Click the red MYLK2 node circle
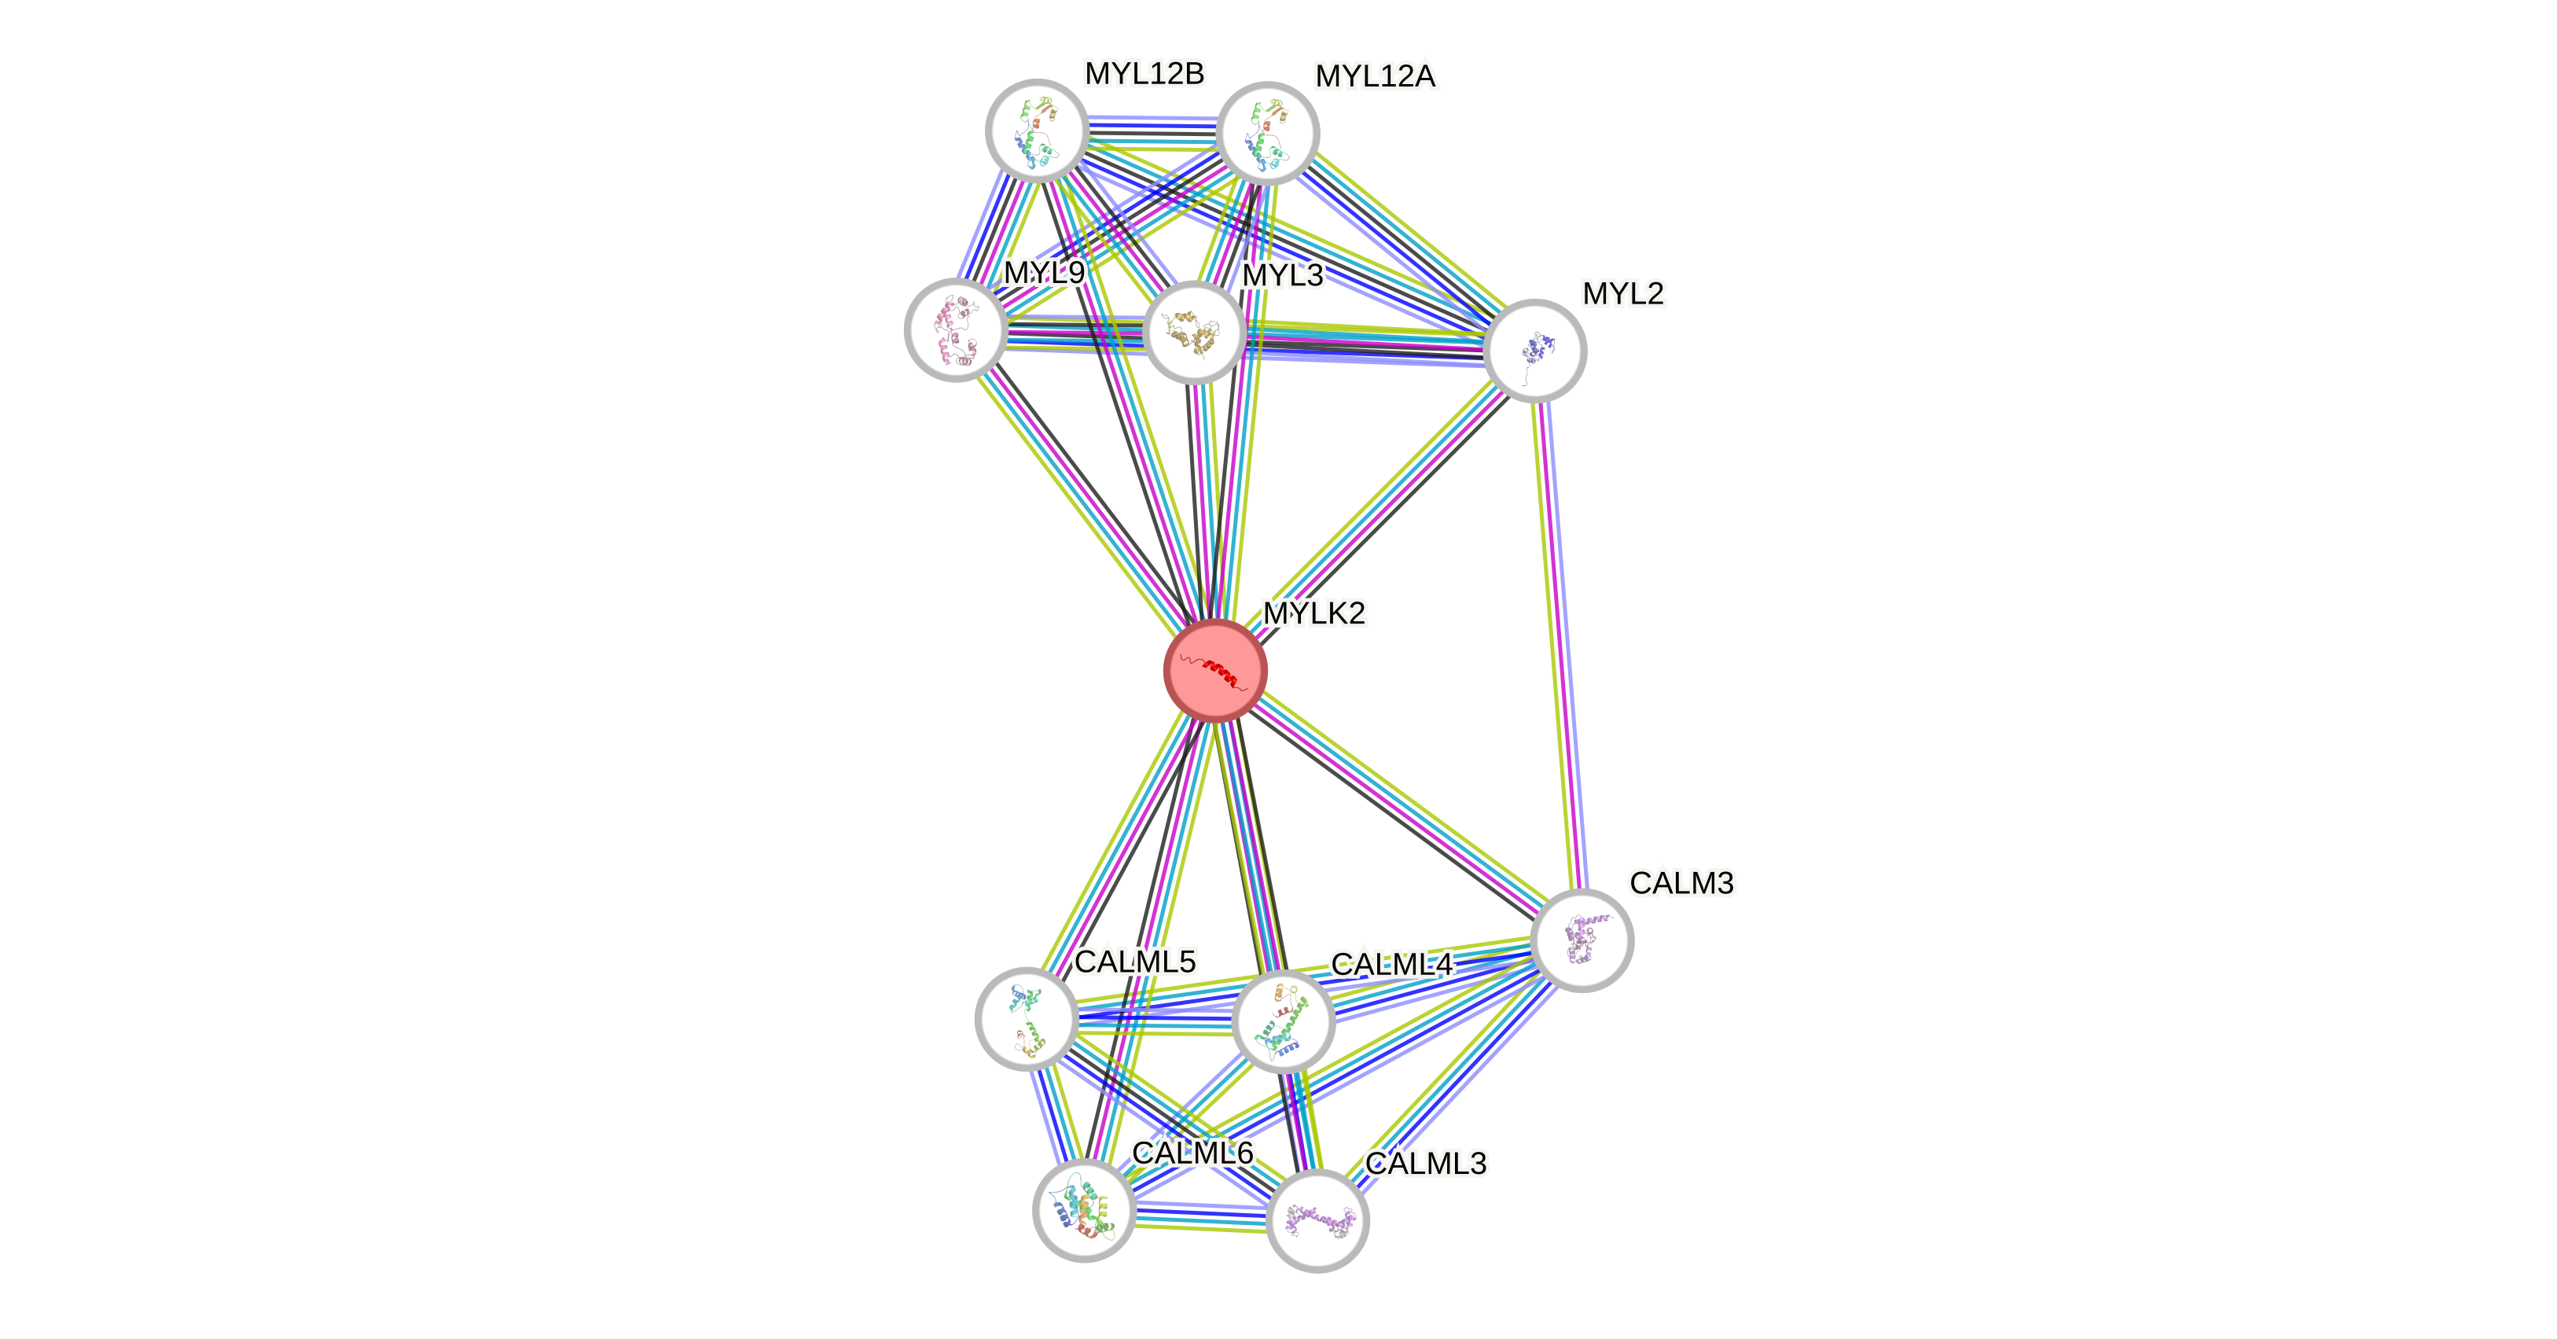click(x=1215, y=670)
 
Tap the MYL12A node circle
click(x=1268, y=133)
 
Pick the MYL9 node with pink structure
click(x=956, y=329)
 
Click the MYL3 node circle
click(x=1194, y=332)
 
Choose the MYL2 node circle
click(x=1534, y=351)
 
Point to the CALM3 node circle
click(x=1582, y=940)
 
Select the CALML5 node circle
click(x=1027, y=1018)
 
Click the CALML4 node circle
click(x=1283, y=1021)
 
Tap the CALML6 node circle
click(x=1084, y=1210)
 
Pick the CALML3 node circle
click(x=1318, y=1220)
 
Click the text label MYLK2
click(x=1314, y=613)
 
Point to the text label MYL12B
click(x=1144, y=73)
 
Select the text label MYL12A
click(x=1376, y=75)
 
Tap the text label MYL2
click(x=1623, y=294)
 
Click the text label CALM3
click(x=1681, y=882)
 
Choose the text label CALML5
click(x=1136, y=961)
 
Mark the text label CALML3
click(x=1427, y=1164)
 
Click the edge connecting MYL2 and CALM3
click(x=1559, y=646)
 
